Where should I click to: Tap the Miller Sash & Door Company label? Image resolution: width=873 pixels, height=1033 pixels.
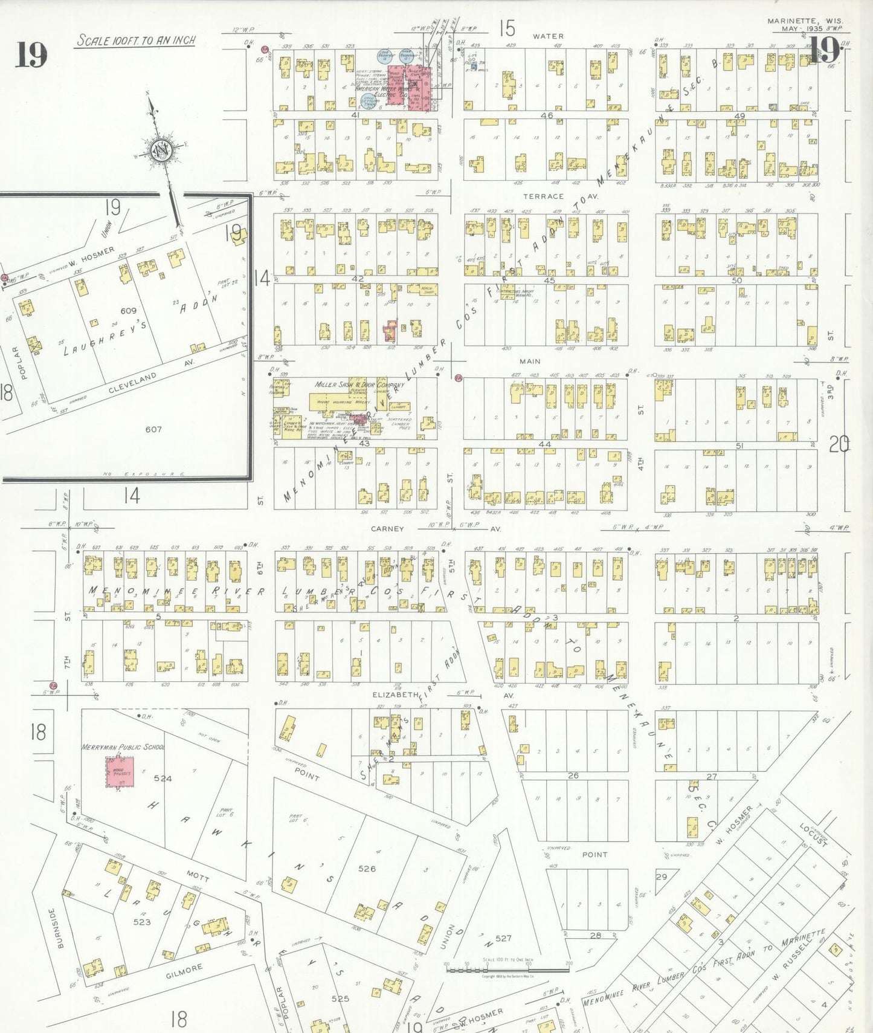point(359,385)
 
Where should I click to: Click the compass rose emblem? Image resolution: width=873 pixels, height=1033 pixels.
point(162,150)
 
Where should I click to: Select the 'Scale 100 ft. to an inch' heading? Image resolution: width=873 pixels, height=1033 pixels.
point(136,40)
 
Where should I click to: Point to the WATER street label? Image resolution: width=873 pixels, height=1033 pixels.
point(547,37)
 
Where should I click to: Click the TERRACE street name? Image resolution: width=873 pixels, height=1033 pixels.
point(543,196)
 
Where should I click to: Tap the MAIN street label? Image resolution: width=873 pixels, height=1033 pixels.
point(530,361)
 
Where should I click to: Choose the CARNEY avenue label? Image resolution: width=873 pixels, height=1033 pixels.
point(387,529)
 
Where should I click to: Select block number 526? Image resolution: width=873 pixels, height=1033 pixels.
point(367,869)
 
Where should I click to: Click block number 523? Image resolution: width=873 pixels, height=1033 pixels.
point(142,922)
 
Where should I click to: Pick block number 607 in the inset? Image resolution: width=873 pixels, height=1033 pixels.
point(153,429)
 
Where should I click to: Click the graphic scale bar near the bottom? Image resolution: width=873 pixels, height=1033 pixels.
point(507,969)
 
